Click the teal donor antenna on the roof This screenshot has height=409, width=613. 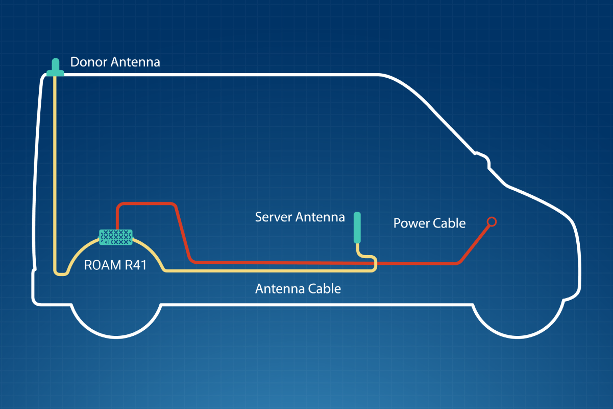point(55,70)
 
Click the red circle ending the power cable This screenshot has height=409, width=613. point(492,221)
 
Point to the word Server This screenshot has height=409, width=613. point(274,217)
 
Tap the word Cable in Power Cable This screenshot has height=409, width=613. point(450,223)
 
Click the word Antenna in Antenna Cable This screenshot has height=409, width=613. point(280,289)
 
